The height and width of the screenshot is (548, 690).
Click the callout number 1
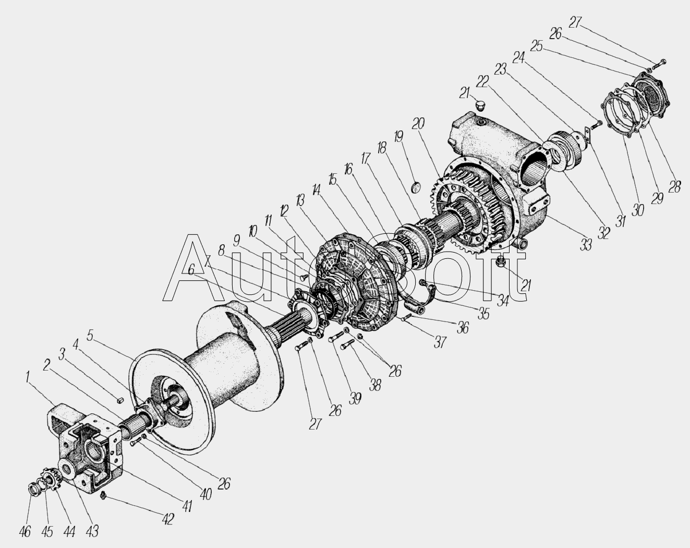coord(28,378)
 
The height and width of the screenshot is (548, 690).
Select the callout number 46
coord(25,532)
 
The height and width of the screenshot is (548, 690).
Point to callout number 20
coord(418,124)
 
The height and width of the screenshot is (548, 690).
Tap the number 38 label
coord(374,385)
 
